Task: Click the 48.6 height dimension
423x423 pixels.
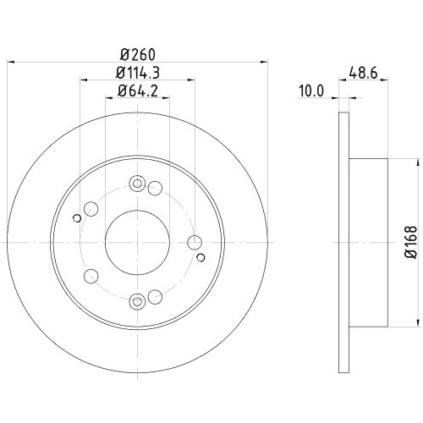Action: click(x=365, y=73)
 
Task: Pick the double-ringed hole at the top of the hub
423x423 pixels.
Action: click(x=137, y=184)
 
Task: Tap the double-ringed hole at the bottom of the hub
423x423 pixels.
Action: click(x=137, y=299)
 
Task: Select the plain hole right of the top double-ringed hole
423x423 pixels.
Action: click(x=155, y=189)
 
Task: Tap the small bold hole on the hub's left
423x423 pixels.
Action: click(x=77, y=220)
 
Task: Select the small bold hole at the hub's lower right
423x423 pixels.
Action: click(x=200, y=255)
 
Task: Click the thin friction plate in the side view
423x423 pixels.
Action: click(x=343, y=241)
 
